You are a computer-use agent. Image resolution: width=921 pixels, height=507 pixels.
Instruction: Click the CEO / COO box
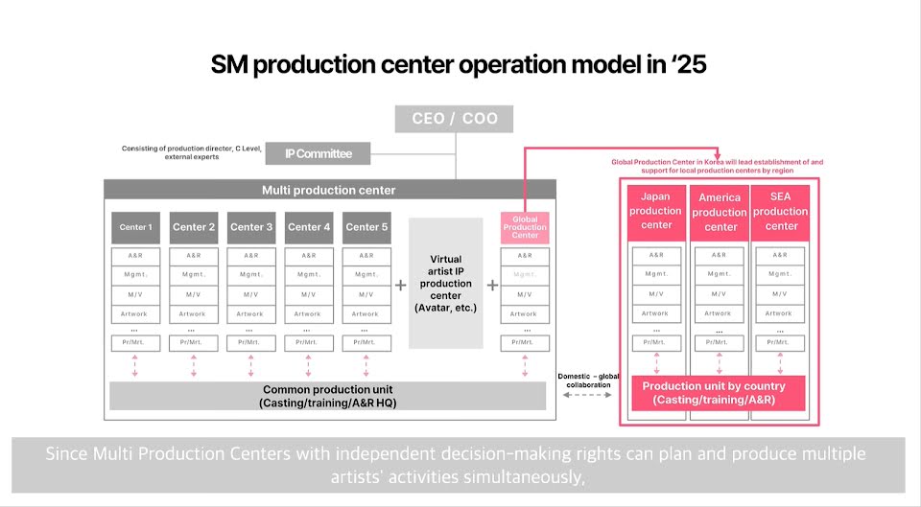[x=453, y=119]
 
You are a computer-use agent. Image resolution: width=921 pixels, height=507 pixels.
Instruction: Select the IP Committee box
[x=314, y=153]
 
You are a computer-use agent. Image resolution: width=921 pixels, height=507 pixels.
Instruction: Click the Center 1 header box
[x=135, y=227]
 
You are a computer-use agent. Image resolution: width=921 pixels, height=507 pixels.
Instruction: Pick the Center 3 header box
[x=251, y=227]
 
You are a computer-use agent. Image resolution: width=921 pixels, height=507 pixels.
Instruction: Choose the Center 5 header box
[x=366, y=227]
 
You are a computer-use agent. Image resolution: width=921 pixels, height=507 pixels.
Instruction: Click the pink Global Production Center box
[x=525, y=227]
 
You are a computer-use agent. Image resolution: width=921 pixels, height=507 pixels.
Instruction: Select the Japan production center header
[x=656, y=211]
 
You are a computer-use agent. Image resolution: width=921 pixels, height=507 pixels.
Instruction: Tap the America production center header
[x=720, y=212]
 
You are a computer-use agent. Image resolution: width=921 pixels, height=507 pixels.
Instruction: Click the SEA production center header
[x=780, y=211]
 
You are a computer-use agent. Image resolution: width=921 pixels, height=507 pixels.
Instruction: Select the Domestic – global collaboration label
[x=588, y=380]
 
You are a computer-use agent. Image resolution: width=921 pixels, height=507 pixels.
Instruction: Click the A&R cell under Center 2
[x=194, y=256]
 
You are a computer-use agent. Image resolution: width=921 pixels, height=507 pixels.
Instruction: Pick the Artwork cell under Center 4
[x=308, y=313]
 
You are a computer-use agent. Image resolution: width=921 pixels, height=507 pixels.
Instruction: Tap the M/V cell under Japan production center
[x=656, y=293]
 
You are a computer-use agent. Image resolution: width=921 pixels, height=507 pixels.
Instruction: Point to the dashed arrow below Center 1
[x=135, y=365]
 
